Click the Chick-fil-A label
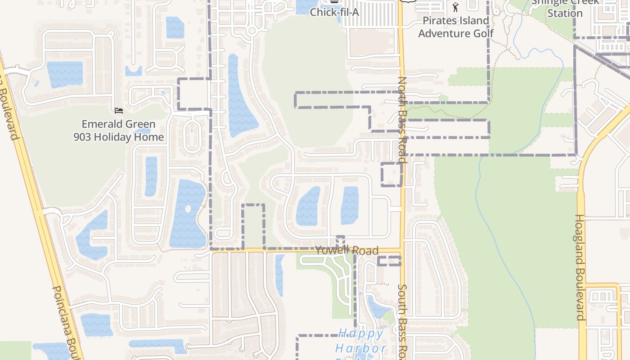click(x=334, y=12)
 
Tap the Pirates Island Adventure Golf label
click(x=456, y=27)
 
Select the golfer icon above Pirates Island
click(x=455, y=7)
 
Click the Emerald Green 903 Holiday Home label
click(x=119, y=130)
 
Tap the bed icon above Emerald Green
click(x=119, y=111)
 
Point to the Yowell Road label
click(x=346, y=250)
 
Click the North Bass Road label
click(x=402, y=120)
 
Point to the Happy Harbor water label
click(x=360, y=341)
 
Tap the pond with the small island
click(x=187, y=214)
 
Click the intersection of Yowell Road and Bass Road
click(x=402, y=250)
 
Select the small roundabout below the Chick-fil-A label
click(x=252, y=31)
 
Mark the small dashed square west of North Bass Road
click(x=391, y=175)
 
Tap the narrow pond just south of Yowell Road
click(x=279, y=275)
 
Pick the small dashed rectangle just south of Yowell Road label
click(x=389, y=261)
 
